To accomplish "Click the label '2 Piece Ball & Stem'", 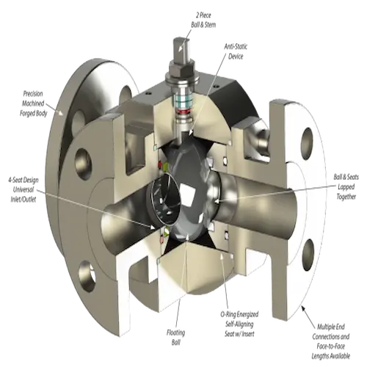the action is click(203, 20).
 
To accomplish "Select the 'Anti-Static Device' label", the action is click(236, 51).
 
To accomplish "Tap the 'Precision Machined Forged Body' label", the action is click(33, 103).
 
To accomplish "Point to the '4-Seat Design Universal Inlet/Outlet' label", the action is click(23, 190).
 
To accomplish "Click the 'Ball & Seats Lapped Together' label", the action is click(346, 186).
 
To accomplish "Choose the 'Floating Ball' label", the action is click(175, 338).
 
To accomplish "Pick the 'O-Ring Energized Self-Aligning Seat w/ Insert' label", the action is click(239, 324).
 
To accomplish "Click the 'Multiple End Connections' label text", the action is click(331, 332).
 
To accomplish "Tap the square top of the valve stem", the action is click(181, 48).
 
